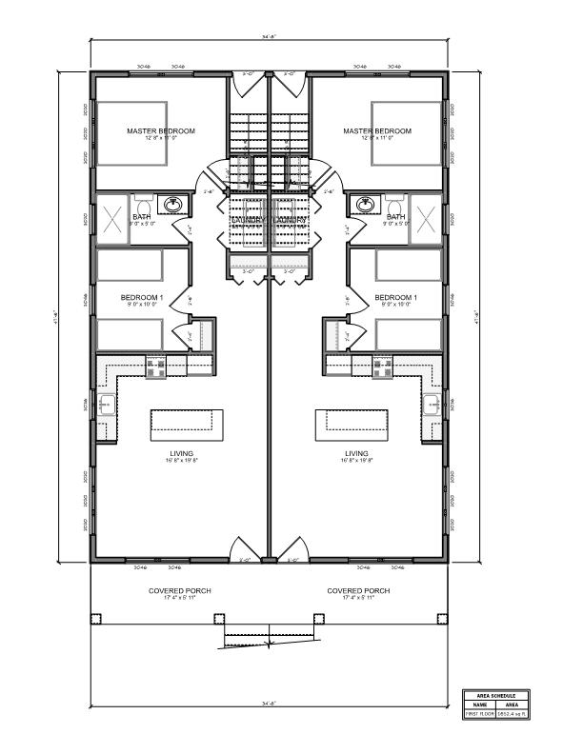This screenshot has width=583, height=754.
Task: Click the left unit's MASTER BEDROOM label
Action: tap(161, 130)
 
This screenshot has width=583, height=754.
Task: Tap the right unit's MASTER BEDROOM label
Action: tap(377, 130)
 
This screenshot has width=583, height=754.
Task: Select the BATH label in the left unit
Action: tap(142, 217)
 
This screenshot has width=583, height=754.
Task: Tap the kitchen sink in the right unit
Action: tap(432, 403)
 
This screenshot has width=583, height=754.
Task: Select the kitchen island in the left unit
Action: tap(188, 421)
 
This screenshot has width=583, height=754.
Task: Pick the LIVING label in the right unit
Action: tap(356, 453)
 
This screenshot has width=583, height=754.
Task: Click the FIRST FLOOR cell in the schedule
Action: tap(476, 713)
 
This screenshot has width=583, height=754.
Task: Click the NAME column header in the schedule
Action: tap(476, 704)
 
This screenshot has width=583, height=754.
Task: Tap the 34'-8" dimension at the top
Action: tap(269, 37)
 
